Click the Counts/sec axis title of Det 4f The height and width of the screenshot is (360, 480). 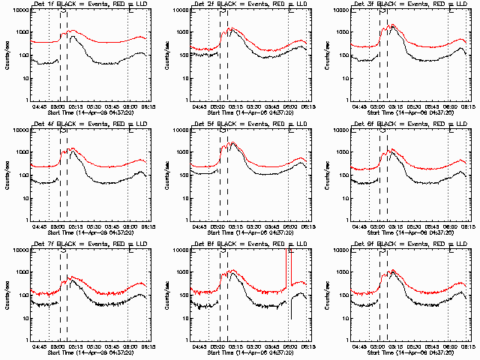tap(6, 175)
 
